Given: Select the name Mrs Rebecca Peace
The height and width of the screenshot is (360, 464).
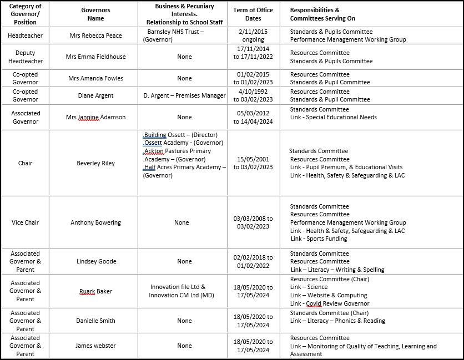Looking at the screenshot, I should tap(95, 36).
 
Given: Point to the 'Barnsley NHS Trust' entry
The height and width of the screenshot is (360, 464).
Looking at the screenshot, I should tap(175, 32).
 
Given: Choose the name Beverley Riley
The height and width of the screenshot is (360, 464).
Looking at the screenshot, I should tap(95, 163).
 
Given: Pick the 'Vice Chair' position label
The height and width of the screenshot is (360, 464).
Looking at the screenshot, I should tap(25, 222).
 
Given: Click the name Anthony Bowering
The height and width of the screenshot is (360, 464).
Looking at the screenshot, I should tap(95, 222).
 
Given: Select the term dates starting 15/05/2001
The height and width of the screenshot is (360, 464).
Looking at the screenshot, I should tap(253, 163).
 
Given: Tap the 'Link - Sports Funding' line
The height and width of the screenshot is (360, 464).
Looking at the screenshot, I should tap(319, 239).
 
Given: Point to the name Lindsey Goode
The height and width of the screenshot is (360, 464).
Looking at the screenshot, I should tap(96, 261).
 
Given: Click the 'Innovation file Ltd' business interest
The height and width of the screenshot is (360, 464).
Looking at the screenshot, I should tap(178, 287).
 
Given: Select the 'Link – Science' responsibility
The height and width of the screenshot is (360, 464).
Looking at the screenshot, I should tap(309, 287).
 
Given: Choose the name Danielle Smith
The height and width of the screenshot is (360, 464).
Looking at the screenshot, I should tap(95, 321).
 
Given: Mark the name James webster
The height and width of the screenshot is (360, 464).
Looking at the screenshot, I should tap(95, 346).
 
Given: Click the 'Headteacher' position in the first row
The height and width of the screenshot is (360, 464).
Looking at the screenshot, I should tap(25, 36).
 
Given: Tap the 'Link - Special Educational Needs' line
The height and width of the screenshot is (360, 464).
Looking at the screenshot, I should tap(333, 117).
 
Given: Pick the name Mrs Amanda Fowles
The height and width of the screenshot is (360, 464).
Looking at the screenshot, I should tap(95, 78).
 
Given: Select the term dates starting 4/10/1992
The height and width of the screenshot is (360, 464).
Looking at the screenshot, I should tap(253, 95).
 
